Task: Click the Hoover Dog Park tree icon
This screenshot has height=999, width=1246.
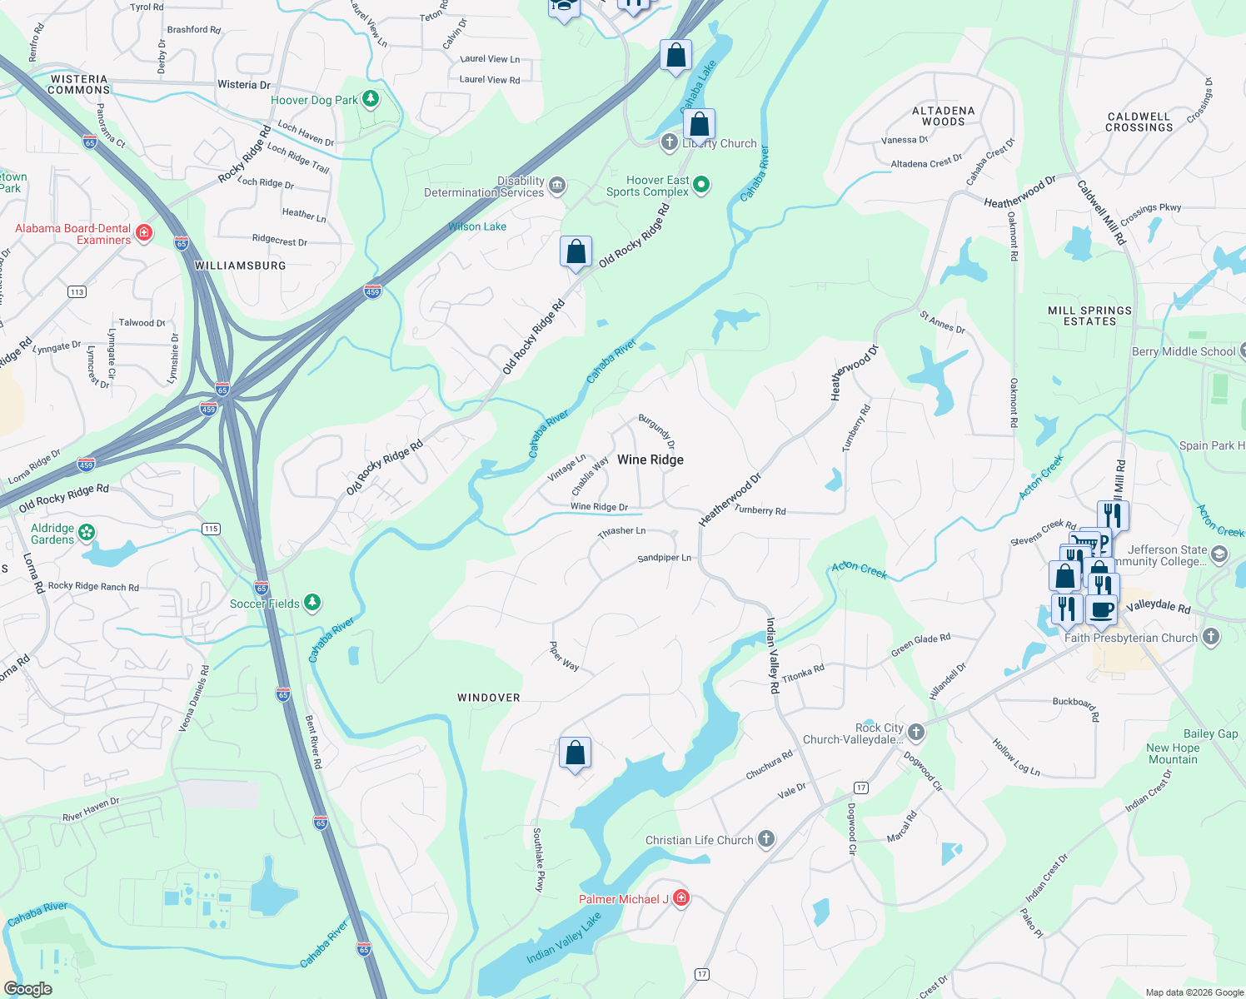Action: click(x=371, y=100)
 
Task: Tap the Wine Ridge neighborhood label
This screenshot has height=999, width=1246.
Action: click(x=650, y=460)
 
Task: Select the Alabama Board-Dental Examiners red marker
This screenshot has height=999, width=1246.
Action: click(x=144, y=232)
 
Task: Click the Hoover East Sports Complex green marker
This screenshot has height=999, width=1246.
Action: click(x=701, y=185)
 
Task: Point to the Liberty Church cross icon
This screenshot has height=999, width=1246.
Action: click(x=669, y=142)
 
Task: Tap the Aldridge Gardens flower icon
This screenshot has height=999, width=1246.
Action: click(x=87, y=533)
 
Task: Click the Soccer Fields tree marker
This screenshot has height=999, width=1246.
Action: click(x=312, y=602)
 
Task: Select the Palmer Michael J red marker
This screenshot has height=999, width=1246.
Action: click(x=681, y=897)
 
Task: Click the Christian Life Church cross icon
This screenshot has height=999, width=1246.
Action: click(x=766, y=839)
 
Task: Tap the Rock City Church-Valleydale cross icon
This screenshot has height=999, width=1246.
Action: click(x=916, y=732)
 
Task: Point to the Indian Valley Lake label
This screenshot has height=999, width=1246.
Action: click(x=563, y=938)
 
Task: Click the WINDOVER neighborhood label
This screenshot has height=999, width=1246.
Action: click(x=488, y=698)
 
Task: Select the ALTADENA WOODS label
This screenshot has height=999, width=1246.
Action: click(x=943, y=116)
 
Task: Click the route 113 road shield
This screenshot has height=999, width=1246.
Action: click(x=77, y=291)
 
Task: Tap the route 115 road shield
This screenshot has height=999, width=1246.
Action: click(x=211, y=529)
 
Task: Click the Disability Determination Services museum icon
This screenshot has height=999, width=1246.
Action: click(x=557, y=185)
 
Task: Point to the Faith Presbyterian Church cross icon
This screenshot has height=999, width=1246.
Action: click(x=1211, y=637)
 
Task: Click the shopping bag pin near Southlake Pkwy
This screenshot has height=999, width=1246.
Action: click(x=575, y=753)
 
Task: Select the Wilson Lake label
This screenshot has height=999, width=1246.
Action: click(x=477, y=226)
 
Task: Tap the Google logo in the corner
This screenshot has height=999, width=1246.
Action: click(x=27, y=988)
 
